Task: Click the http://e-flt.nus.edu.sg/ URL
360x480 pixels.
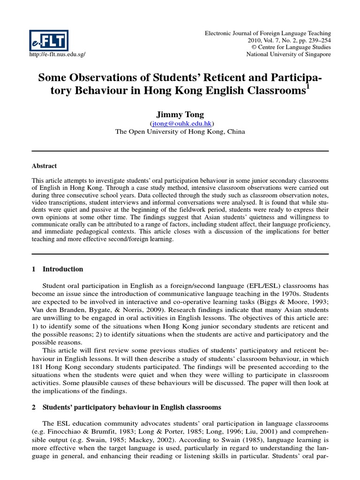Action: tap(57, 54)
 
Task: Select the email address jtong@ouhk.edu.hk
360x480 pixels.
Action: tap(180, 123)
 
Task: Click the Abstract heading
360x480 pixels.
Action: tap(44, 166)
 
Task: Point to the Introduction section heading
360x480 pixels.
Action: tap(63, 269)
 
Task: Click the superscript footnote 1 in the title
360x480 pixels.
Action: tap(307, 86)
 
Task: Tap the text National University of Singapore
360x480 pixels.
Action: tap(288, 54)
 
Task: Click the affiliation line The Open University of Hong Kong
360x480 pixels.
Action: tap(180, 132)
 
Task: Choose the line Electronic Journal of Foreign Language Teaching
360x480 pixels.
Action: tap(268, 33)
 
